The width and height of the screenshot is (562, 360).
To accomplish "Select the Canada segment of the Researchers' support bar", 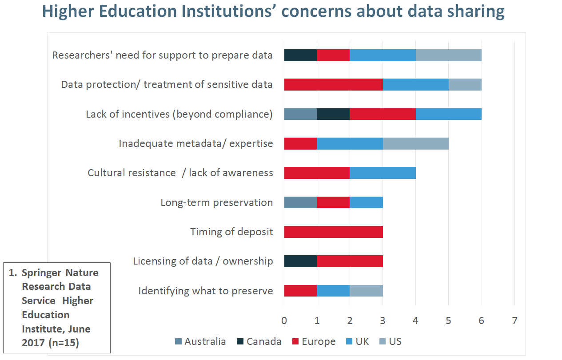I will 300,55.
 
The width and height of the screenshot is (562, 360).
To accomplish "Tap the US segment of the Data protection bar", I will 465,84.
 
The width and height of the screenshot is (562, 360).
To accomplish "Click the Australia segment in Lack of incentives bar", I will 300,114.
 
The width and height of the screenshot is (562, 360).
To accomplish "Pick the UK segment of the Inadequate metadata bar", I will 350,143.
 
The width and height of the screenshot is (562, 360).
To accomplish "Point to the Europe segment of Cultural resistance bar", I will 317,173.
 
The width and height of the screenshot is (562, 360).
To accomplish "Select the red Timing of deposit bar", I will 333,232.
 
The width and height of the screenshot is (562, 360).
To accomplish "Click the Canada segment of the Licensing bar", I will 300,261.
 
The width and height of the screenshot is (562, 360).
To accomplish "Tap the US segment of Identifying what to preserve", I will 366,291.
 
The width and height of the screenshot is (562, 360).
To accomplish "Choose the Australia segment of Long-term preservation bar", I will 300,202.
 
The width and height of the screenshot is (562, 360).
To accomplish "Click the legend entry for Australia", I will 200,341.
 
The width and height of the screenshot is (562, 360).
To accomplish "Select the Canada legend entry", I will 259,341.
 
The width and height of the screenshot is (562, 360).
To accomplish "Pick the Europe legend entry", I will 314,341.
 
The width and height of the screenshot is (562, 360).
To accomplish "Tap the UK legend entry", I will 358,341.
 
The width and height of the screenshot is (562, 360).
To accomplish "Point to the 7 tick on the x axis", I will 514,320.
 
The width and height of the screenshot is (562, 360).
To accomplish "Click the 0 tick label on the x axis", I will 284,320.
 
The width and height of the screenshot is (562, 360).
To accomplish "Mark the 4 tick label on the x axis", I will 416,320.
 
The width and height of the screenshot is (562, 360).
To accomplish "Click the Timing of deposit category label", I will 231,232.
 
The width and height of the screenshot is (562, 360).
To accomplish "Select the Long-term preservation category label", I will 216,202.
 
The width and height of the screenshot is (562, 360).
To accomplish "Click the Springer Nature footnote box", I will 56,307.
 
